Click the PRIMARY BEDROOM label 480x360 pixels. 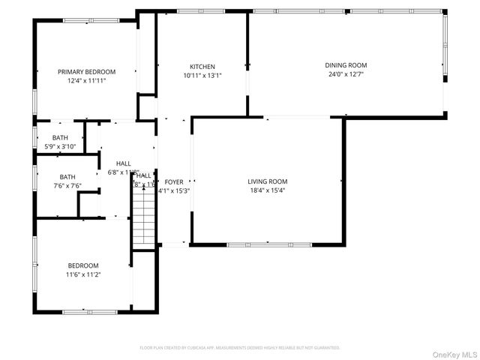pyautogui.click(x=86, y=72)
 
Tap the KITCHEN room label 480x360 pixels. pyautogui.click(x=202, y=67)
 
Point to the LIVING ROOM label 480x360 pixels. pyautogui.click(x=268, y=181)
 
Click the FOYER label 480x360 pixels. pyautogui.click(x=174, y=181)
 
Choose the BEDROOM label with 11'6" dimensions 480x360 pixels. pyautogui.click(x=82, y=265)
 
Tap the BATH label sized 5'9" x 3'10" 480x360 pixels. pyautogui.click(x=61, y=138)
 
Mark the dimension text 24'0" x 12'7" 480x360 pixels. pyautogui.click(x=346, y=74)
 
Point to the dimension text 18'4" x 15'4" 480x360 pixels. pyautogui.click(x=268, y=190)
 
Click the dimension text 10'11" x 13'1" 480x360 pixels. pyautogui.click(x=202, y=75)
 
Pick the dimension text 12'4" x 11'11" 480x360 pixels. pyautogui.click(x=86, y=80)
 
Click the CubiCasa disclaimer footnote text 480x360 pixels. pyautogui.click(x=240, y=348)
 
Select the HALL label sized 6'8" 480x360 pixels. pyautogui.click(x=123, y=163)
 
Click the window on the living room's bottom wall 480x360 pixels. pyautogui.click(x=268, y=244)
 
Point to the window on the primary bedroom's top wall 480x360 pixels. pyautogui.click(x=82, y=20)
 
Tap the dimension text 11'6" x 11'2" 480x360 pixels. pyautogui.click(x=82, y=274)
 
